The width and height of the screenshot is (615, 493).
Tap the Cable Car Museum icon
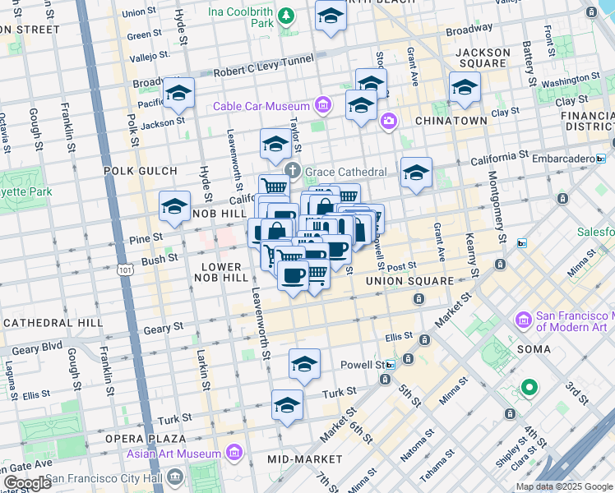(x=322, y=106)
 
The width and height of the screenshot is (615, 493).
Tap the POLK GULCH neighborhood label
(x=141, y=171)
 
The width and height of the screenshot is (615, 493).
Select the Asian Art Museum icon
(x=234, y=453)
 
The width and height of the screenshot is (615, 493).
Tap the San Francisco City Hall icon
(x=174, y=477)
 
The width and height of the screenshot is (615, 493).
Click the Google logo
(x=27, y=484)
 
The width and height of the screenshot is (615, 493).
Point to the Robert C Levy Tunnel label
(x=263, y=71)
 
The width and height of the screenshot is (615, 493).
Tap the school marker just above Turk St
(x=287, y=405)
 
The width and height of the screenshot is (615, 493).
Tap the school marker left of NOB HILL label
(x=174, y=207)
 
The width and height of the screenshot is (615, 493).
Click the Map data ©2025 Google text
(x=563, y=486)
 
